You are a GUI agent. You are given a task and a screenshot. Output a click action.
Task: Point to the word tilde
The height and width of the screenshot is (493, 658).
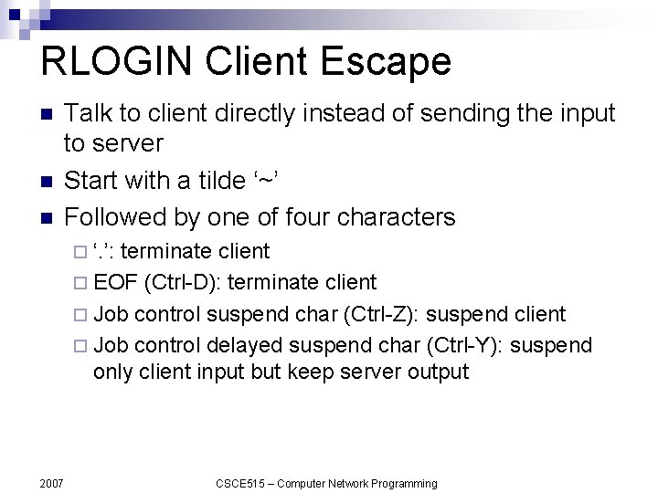coord(218,180)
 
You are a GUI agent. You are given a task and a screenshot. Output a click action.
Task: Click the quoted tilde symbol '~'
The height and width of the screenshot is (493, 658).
coord(265,180)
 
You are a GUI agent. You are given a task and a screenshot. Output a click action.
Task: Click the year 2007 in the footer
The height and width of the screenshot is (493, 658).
coord(51,482)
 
